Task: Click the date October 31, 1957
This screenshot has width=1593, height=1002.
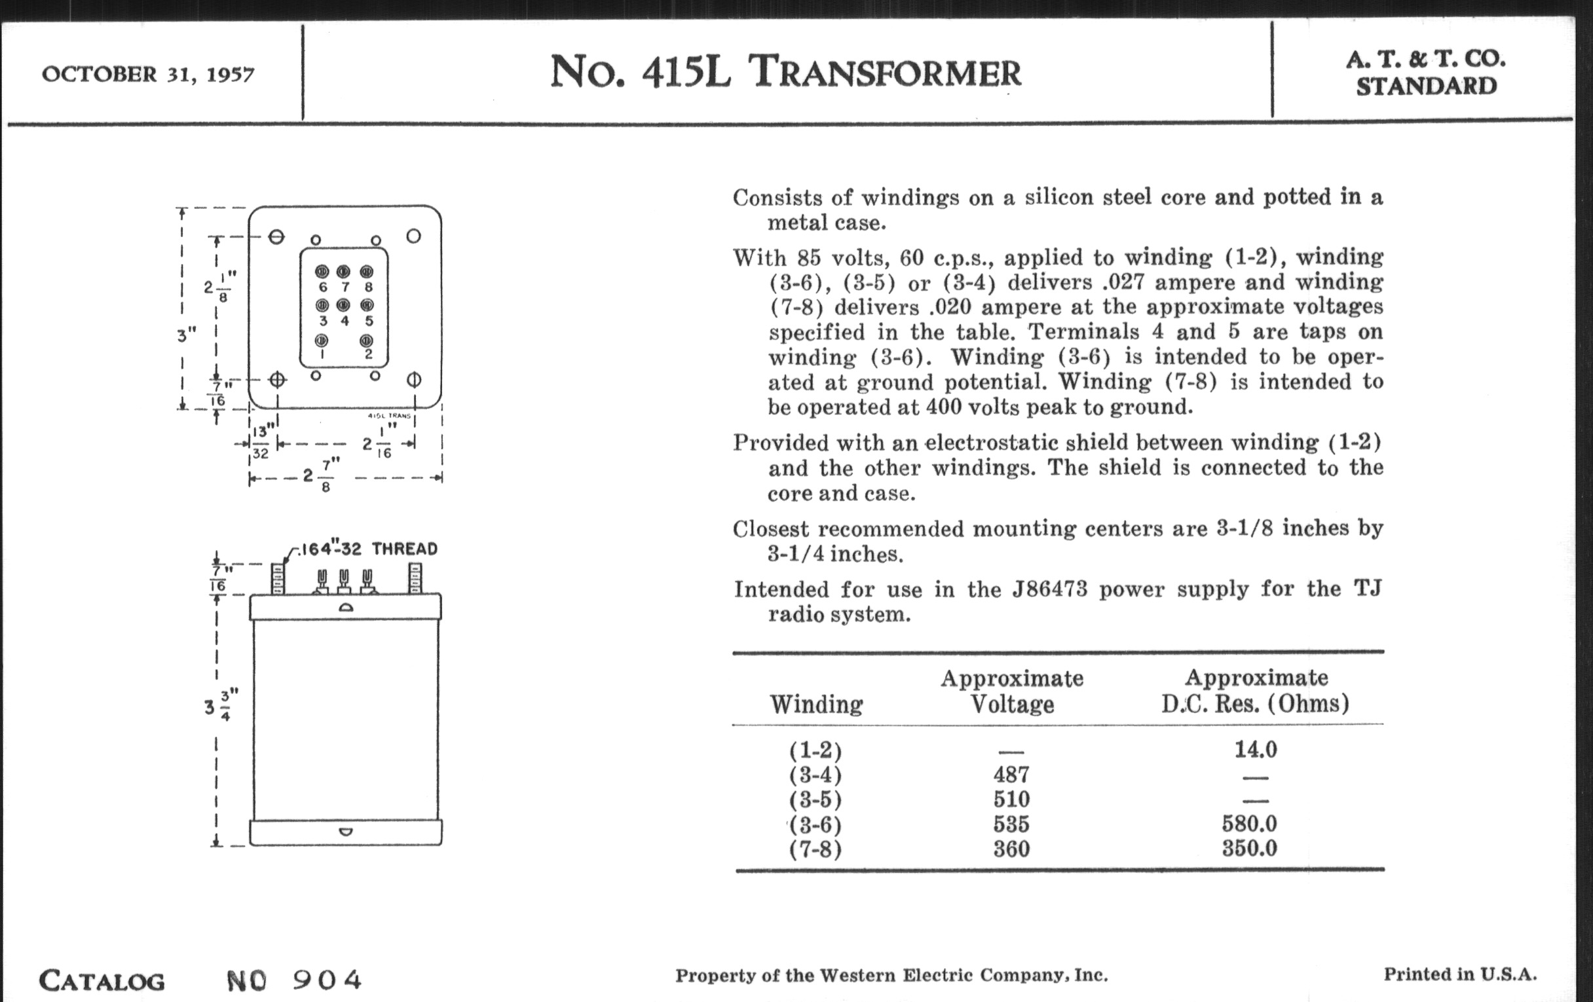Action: point(147,73)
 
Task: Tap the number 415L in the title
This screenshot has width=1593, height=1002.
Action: point(686,71)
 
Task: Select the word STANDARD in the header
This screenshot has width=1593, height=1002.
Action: point(1425,86)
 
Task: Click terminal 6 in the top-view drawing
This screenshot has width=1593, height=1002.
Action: point(322,272)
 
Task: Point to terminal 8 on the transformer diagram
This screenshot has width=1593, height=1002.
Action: point(367,272)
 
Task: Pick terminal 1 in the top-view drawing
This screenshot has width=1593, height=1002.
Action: point(322,341)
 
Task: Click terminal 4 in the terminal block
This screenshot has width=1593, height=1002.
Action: point(343,306)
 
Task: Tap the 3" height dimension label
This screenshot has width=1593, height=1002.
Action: point(187,335)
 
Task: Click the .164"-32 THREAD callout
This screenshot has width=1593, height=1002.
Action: point(368,549)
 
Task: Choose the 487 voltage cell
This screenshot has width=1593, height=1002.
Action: point(1011,775)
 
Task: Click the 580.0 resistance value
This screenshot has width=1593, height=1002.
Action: point(1249,824)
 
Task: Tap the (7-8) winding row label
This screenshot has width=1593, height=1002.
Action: point(815,849)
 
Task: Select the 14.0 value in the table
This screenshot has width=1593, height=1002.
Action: point(1255,749)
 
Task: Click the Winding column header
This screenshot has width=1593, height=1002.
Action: point(816,705)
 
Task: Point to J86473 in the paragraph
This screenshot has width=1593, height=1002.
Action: point(1049,589)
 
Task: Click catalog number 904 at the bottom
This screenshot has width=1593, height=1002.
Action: point(328,980)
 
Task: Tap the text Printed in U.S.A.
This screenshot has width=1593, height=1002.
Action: point(1460,974)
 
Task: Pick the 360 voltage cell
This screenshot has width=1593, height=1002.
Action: point(1011,849)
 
